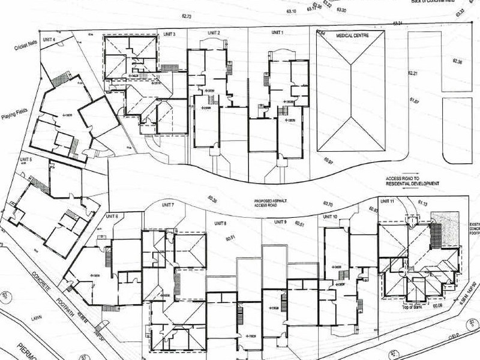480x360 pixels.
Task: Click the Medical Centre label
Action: click(x=352, y=36)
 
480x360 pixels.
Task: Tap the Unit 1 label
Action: click(x=277, y=31)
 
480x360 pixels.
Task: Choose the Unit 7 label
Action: click(x=167, y=206)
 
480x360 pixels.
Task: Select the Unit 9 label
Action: click(x=281, y=223)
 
